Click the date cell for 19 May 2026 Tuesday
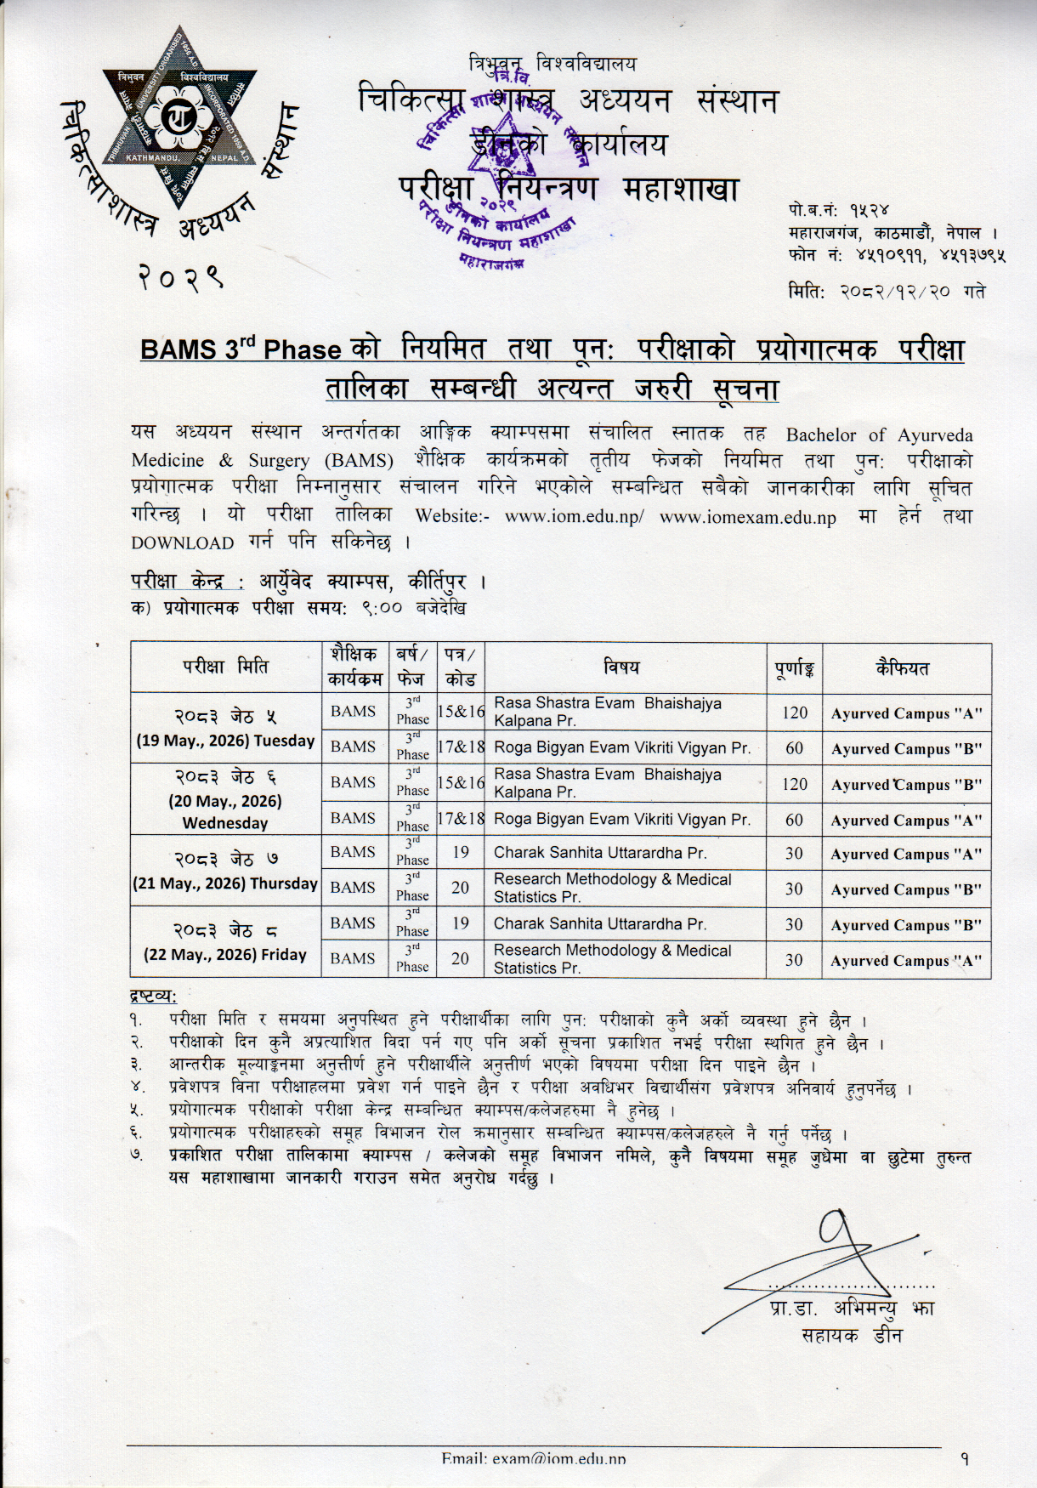click(226, 728)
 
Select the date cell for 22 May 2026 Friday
click(226, 942)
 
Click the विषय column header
click(624, 667)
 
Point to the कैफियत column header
click(906, 667)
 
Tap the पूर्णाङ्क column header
click(794, 668)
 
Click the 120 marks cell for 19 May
click(794, 713)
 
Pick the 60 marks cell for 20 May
click(794, 820)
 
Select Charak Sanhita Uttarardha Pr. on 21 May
click(600, 853)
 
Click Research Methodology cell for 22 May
click(612, 959)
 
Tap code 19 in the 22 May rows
click(460, 923)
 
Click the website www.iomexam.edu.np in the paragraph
click(747, 517)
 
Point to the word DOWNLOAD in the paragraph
click(182, 543)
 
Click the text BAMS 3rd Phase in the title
click(241, 349)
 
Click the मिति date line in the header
click(887, 291)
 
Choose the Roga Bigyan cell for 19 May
click(622, 748)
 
